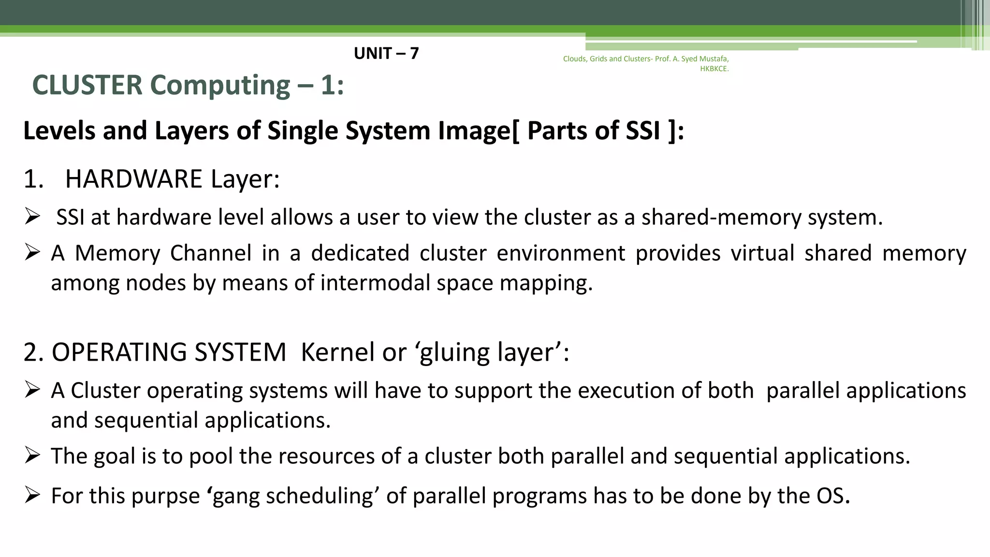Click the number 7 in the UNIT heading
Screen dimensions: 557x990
point(414,53)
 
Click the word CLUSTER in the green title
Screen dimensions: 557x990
point(87,85)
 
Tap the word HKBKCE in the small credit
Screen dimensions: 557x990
point(713,69)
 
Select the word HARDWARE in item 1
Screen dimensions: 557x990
point(133,179)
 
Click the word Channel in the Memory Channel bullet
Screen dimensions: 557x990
point(211,253)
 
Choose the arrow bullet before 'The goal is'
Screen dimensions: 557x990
point(32,455)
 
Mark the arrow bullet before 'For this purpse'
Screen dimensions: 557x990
point(32,495)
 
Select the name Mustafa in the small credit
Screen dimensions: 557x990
point(714,59)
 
